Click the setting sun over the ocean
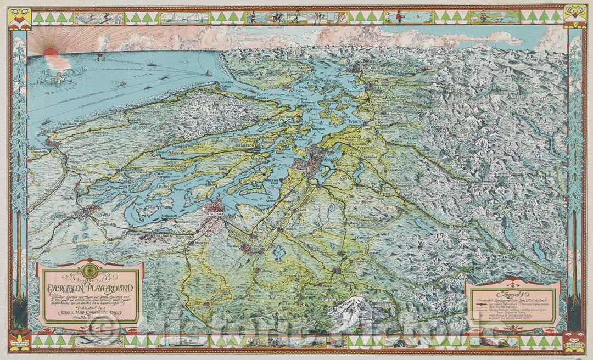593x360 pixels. point(50,53)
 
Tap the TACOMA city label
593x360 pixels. point(216,209)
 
